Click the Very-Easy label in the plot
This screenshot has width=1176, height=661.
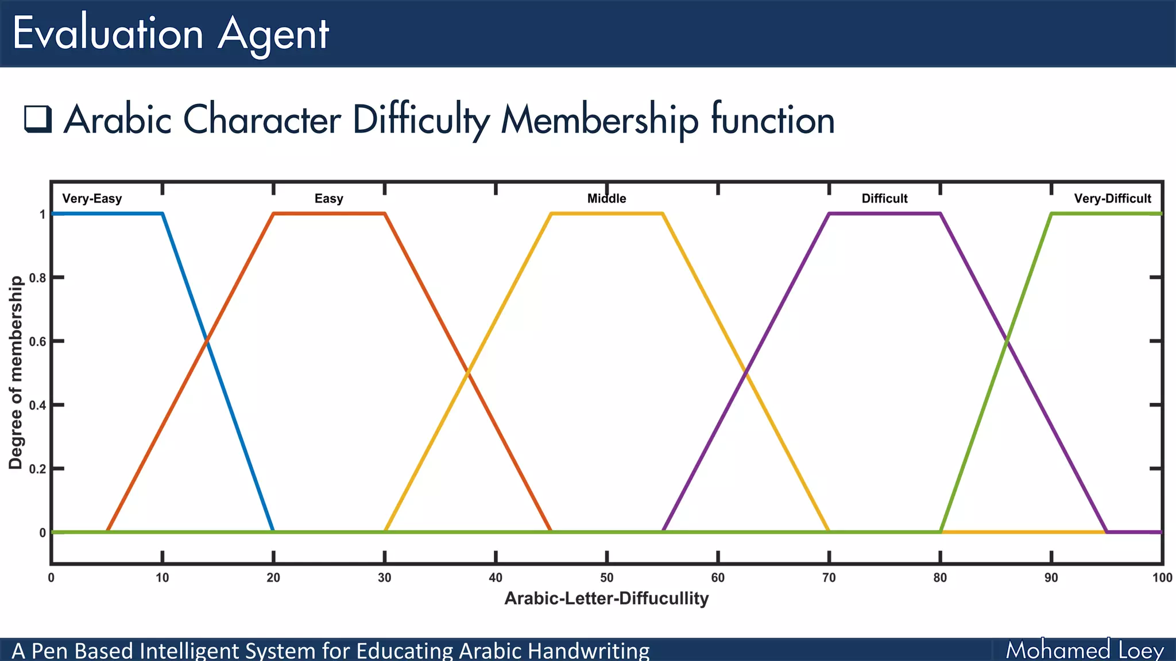pyautogui.click(x=92, y=199)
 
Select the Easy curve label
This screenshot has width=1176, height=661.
pyautogui.click(x=328, y=199)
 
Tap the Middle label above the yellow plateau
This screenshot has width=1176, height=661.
pyautogui.click(x=606, y=199)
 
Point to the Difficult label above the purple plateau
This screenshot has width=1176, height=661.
pyautogui.click(x=884, y=199)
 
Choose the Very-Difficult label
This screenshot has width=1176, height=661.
pyautogui.click(x=1112, y=199)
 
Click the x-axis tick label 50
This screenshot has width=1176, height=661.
pyautogui.click(x=606, y=578)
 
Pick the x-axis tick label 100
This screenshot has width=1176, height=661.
pyautogui.click(x=1162, y=578)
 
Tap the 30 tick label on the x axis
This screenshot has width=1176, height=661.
pyautogui.click(x=384, y=578)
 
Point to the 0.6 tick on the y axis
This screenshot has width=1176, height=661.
pyautogui.click(x=38, y=341)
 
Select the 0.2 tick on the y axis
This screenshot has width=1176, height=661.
pyautogui.click(x=38, y=469)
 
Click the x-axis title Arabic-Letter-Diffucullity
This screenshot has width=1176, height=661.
pyautogui.click(x=606, y=598)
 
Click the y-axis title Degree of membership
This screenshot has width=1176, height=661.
pyautogui.click(x=16, y=373)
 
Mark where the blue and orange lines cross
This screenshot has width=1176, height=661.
pyautogui.click(x=207, y=341)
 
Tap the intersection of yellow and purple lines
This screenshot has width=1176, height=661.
pyautogui.click(x=745, y=373)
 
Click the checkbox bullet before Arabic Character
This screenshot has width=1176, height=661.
pyautogui.click(x=38, y=119)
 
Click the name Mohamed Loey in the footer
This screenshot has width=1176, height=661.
pyautogui.click(x=1084, y=650)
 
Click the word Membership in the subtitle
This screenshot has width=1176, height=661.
pyautogui.click(x=599, y=120)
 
